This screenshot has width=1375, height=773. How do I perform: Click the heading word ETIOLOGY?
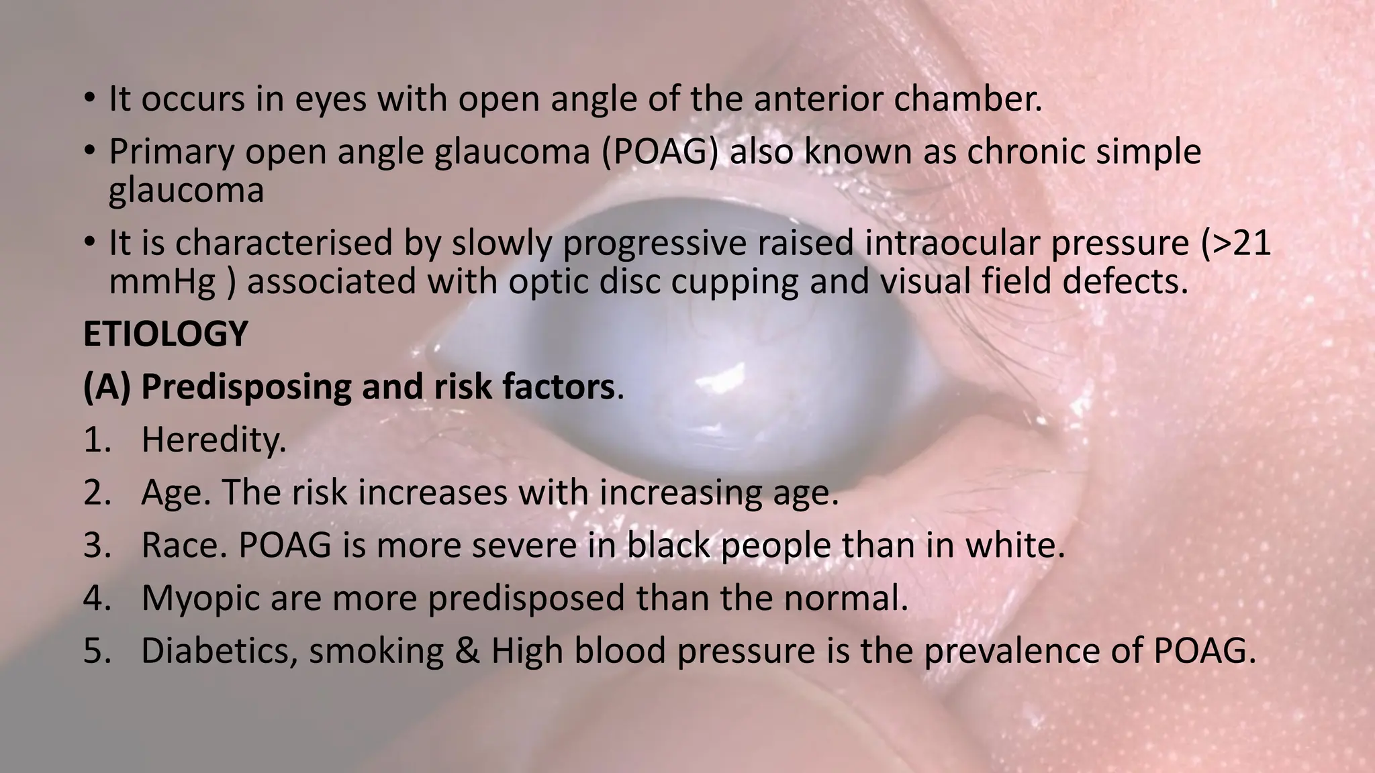[165, 334]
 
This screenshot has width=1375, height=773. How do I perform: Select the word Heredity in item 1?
[214, 440]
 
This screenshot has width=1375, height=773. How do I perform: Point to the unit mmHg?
[162, 282]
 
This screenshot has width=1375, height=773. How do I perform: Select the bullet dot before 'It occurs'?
[89, 99]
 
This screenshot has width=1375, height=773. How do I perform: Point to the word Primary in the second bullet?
[171, 151]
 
